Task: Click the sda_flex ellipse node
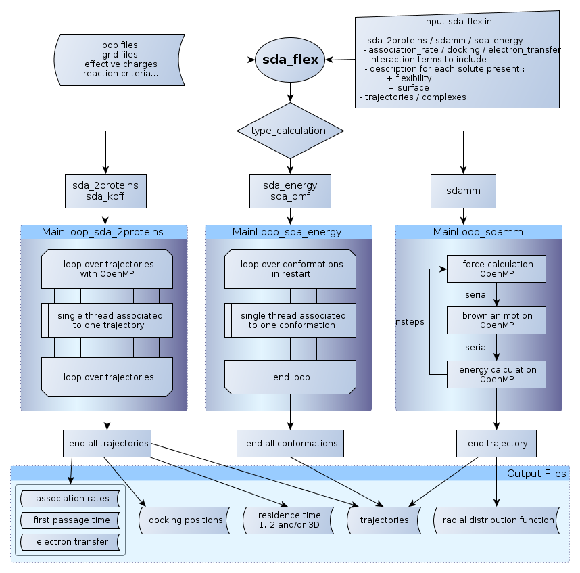290,60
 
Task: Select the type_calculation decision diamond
290,131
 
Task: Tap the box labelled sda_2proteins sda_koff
105,191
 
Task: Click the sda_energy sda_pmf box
290,191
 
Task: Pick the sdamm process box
463,191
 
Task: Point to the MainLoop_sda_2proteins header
103,232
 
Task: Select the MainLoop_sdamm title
478,232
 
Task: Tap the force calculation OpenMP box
497,269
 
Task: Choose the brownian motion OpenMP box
497,321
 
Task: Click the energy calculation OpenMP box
497,374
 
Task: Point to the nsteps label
410,322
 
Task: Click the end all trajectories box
107,444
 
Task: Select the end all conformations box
291,444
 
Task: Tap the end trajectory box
497,444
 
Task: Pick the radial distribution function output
498,520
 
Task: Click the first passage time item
71,520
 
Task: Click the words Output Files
536,474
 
